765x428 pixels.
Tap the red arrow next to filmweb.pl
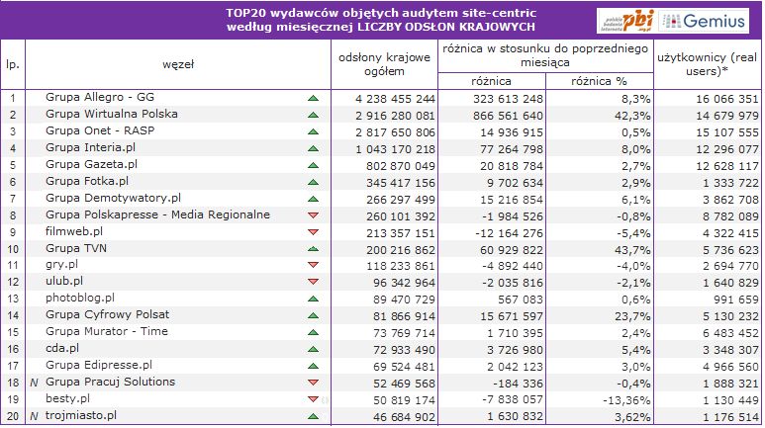pyautogui.click(x=314, y=231)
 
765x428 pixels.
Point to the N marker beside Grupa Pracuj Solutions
pyautogui.click(x=34, y=382)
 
